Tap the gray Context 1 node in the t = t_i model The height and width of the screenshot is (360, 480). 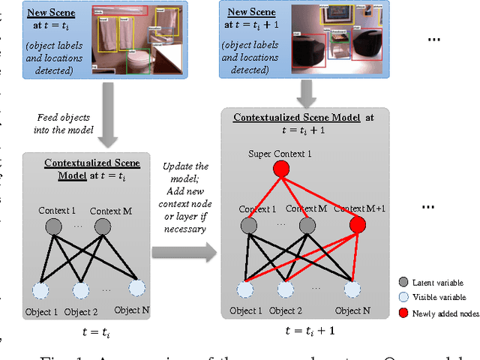[52, 227]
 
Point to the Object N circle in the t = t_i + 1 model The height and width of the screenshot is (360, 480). [352, 289]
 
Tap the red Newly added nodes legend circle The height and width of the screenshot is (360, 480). [403, 313]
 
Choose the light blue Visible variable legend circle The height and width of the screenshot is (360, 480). [403, 298]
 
